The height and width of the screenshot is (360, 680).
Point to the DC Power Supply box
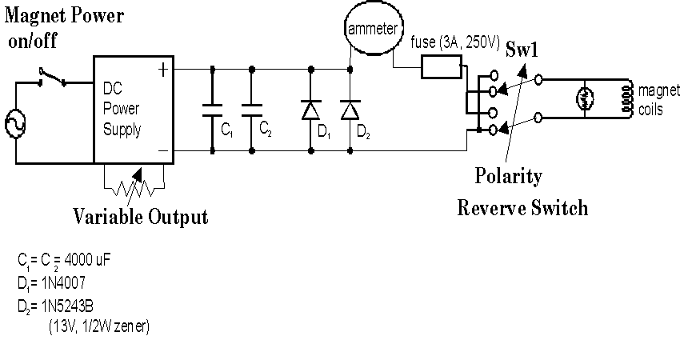click(x=94, y=110)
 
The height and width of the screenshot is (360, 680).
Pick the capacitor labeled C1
click(x=212, y=110)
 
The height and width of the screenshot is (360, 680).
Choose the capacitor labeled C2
click(x=251, y=110)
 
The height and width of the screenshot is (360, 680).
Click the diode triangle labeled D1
click(x=310, y=110)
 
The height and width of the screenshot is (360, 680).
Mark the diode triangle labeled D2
click(x=350, y=110)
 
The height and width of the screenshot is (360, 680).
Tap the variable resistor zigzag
click(x=134, y=189)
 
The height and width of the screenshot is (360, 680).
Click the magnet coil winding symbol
click(x=626, y=99)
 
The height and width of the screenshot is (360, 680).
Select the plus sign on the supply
click(x=162, y=70)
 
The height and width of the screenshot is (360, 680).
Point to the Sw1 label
click(x=522, y=50)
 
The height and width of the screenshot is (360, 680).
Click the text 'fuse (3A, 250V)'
click(x=455, y=42)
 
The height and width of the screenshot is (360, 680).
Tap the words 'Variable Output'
click(x=141, y=216)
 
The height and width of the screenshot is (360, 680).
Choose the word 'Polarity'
click(x=508, y=176)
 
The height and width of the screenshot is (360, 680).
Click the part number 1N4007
click(x=63, y=283)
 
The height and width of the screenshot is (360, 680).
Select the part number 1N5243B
click(x=67, y=306)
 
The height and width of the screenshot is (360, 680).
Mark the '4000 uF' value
click(x=87, y=260)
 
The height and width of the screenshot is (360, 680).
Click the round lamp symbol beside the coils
click(x=585, y=99)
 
